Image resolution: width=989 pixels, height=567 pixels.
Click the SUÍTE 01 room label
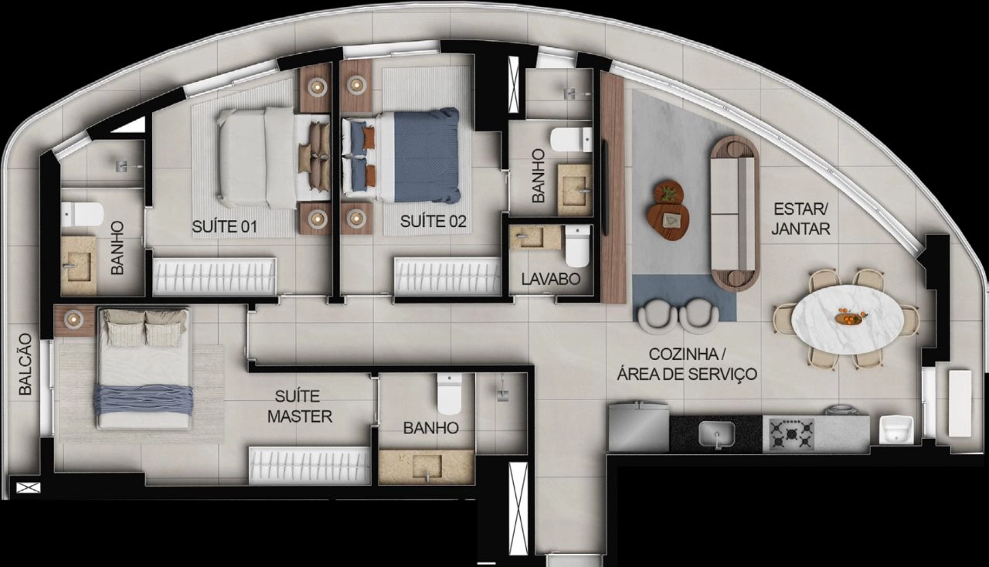[x=224, y=226]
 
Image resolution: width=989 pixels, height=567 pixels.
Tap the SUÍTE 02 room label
[x=433, y=221]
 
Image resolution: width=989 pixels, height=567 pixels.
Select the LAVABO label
[x=551, y=279]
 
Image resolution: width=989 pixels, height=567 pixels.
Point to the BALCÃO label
[x=25, y=365]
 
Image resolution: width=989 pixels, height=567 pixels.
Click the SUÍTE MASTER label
[x=300, y=406]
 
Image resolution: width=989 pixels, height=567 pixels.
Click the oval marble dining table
[x=846, y=319]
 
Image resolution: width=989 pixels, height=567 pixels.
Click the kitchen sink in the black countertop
[x=716, y=434]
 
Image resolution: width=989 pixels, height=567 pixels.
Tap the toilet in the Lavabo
[x=577, y=246]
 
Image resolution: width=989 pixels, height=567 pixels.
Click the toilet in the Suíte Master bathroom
[x=449, y=394]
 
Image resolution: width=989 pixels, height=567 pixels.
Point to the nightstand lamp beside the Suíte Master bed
[x=73, y=319]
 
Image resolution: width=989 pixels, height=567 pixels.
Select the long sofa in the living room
[x=734, y=214]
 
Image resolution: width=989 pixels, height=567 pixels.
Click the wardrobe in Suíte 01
[x=214, y=277]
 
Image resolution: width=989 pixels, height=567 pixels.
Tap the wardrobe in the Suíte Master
[x=310, y=466]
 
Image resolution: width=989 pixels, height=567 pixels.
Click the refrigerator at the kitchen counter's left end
[x=638, y=427]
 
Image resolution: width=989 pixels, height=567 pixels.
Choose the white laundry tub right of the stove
[x=896, y=429]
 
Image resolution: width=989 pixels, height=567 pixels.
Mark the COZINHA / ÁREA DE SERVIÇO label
[x=687, y=365]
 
